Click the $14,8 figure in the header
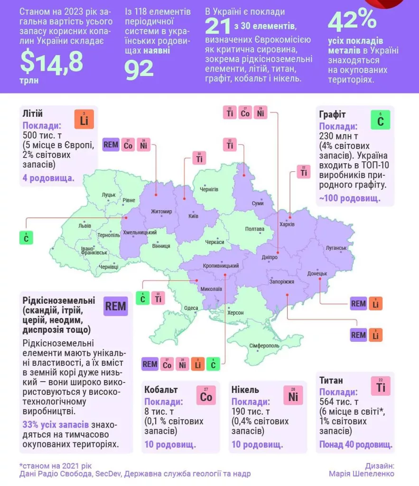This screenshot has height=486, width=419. pyautogui.click(x=51, y=61)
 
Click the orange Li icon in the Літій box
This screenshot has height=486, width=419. pyautogui.click(x=84, y=119)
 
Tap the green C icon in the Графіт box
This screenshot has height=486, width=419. pyautogui.click(x=380, y=120)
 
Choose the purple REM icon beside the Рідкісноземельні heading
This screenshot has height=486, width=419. pyautogui.click(x=116, y=306)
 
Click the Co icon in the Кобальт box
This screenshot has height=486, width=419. pyautogui.click(x=206, y=395)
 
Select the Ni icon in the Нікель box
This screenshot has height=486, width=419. pyautogui.click(x=293, y=395)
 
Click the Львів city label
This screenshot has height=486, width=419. pyautogui.click(x=85, y=225)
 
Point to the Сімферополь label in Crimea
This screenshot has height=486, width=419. pyautogui.click(x=264, y=345)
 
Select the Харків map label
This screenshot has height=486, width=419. pyautogui.click(x=287, y=224)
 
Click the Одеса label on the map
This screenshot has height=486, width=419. pyautogui.click(x=191, y=308)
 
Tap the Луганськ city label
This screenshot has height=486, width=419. pyautogui.click(x=336, y=248)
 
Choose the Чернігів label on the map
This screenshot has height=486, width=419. pyautogui.click(x=209, y=189)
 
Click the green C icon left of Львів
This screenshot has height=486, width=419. pyautogui.click(x=26, y=238)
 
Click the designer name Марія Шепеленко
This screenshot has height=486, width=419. pyautogui.click(x=362, y=474)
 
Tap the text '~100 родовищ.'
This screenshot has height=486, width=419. pyautogui.click(x=349, y=198)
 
